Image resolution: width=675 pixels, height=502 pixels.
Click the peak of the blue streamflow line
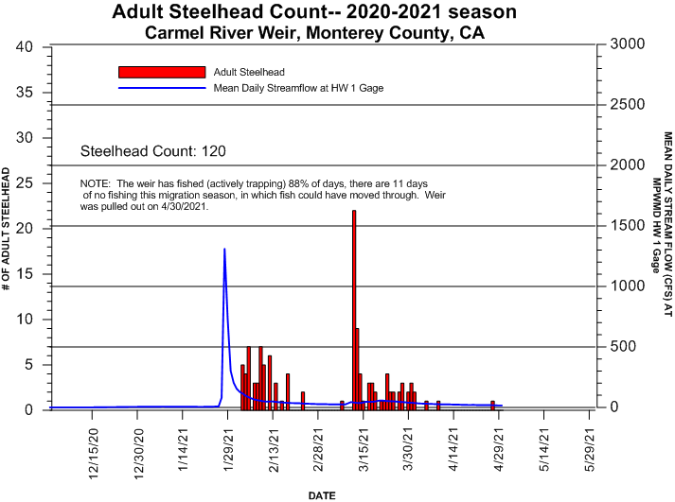point(224,250)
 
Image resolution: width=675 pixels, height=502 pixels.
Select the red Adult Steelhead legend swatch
point(162,72)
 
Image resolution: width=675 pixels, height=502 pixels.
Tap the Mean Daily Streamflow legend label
point(298,88)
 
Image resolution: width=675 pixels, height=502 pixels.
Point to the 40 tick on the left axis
point(26,47)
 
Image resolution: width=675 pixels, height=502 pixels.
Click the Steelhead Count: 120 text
point(153,151)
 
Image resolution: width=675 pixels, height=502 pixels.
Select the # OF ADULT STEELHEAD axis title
point(8,229)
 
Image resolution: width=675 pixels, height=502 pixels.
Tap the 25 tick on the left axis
point(26,183)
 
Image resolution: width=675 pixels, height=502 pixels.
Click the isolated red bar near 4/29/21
point(492,405)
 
